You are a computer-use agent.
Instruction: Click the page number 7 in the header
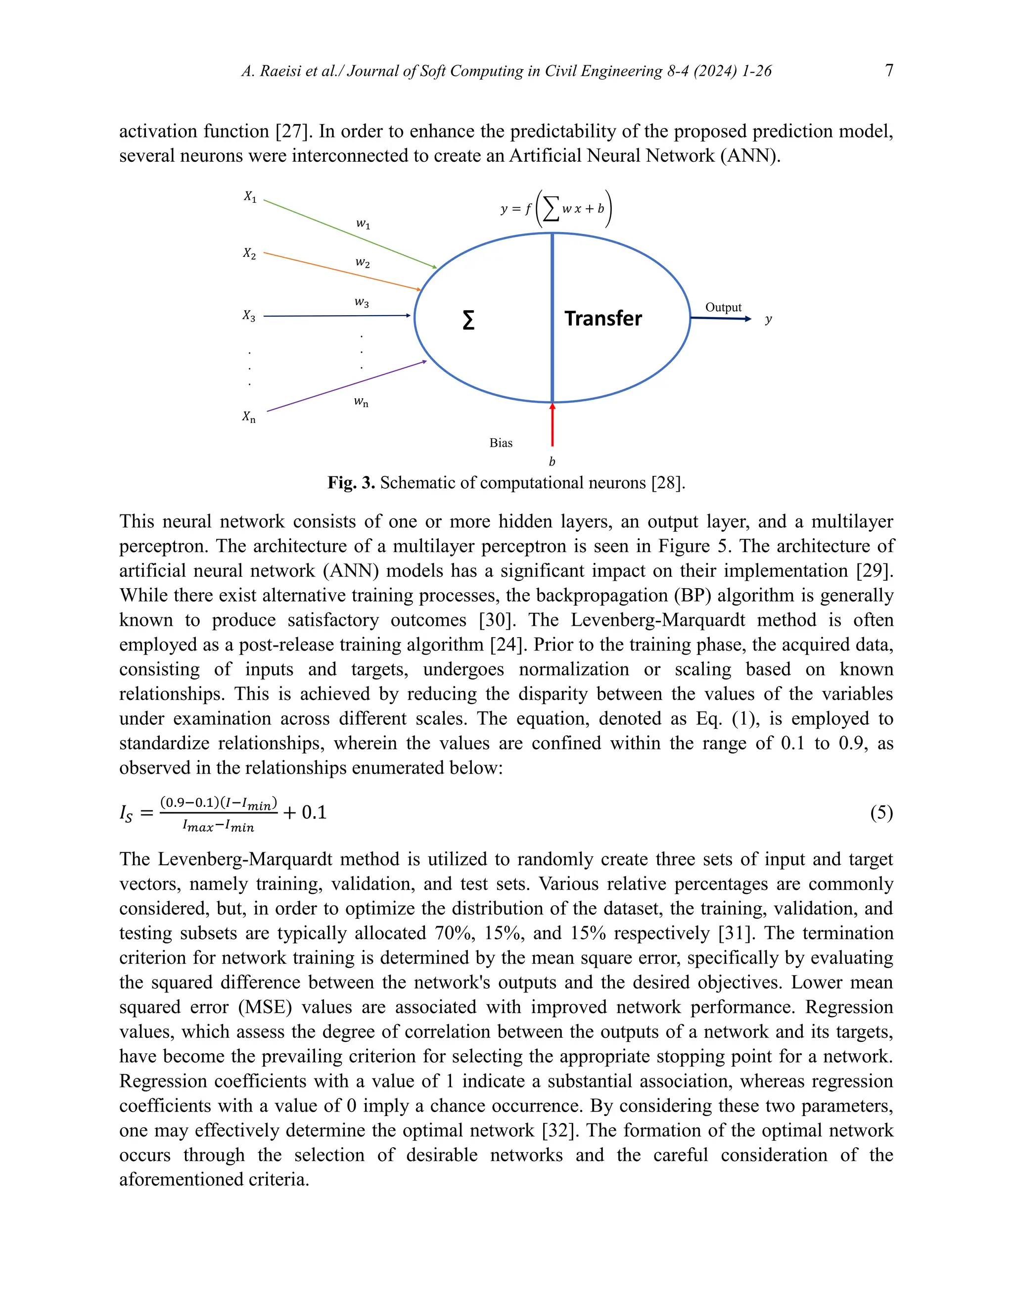(x=889, y=70)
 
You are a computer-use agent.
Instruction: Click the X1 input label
(x=250, y=196)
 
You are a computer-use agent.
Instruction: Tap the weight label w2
(x=363, y=262)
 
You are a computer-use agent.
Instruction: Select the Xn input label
(x=248, y=416)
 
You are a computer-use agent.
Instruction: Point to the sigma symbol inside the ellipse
(x=469, y=320)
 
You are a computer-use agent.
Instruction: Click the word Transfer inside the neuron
(x=602, y=318)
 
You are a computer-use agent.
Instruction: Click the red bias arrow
(x=552, y=426)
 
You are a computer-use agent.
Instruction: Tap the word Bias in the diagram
(x=501, y=443)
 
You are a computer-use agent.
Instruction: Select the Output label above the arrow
(x=723, y=307)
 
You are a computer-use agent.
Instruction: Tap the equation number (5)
(x=881, y=813)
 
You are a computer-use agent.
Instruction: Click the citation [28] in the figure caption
(x=668, y=483)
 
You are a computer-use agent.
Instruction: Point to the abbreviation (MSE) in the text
(x=265, y=1007)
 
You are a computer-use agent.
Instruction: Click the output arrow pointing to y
(x=720, y=319)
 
